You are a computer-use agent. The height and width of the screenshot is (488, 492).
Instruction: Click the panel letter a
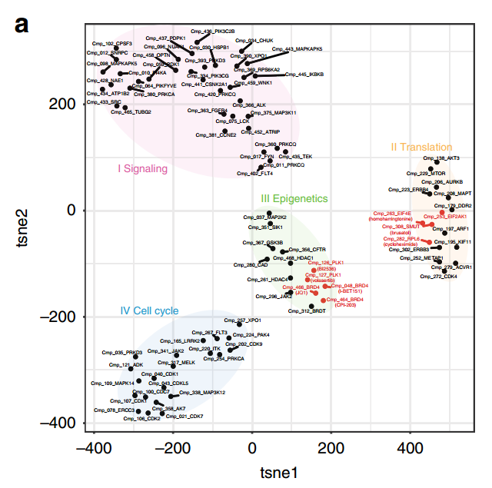click(x=22, y=25)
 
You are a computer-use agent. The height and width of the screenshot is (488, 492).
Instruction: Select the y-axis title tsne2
click(x=25, y=227)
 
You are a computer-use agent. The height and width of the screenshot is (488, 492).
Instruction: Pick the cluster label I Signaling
click(x=142, y=168)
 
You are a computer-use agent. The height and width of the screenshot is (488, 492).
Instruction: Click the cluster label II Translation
click(x=421, y=146)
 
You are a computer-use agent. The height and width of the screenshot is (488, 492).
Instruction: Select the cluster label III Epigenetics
click(x=294, y=198)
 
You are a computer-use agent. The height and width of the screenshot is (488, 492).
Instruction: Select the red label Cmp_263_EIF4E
click(x=392, y=213)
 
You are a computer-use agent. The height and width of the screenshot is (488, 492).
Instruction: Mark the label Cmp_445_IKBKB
click(x=311, y=75)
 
